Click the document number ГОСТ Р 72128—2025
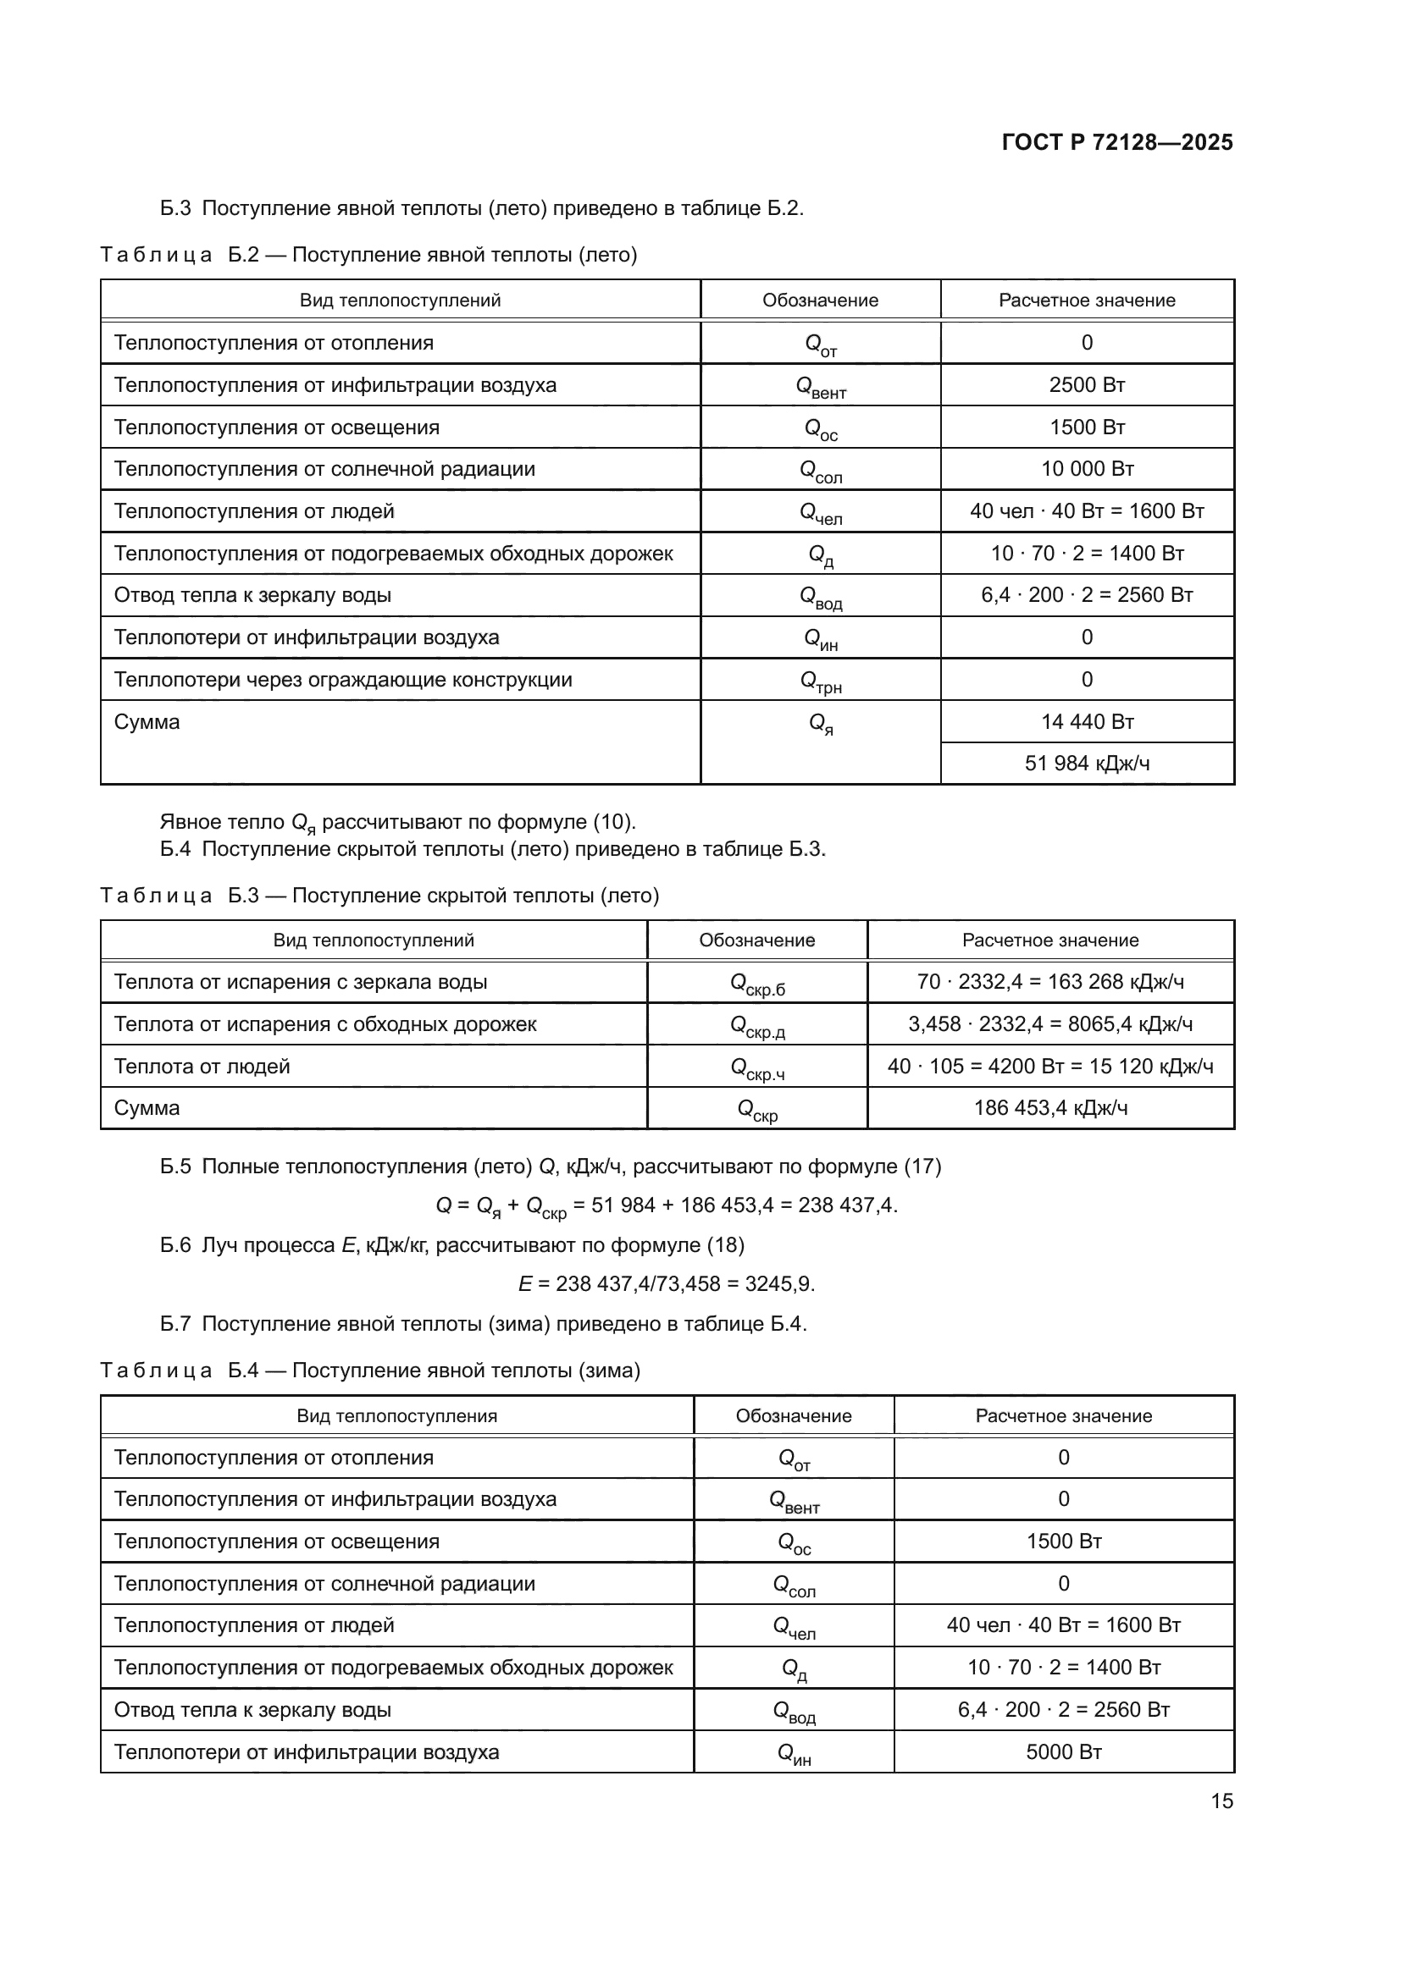click(1117, 142)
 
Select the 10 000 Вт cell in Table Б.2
click(1086, 469)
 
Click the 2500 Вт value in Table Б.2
click(1086, 384)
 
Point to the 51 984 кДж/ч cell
click(1086, 764)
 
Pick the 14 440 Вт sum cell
click(1086, 722)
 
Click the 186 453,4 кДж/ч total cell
click(1049, 1108)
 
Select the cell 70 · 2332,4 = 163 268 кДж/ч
click(1049, 982)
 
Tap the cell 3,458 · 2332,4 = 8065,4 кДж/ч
click(1049, 1024)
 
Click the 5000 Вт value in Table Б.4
click(1063, 1752)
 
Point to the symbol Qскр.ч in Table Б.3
click(756, 1068)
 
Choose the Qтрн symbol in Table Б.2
click(820, 681)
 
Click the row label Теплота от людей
click(202, 1067)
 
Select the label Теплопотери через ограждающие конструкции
click(342, 680)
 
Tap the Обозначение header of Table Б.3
click(756, 940)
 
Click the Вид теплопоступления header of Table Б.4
click(396, 1416)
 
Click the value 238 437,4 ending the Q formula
click(845, 1205)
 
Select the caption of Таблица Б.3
click(379, 895)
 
